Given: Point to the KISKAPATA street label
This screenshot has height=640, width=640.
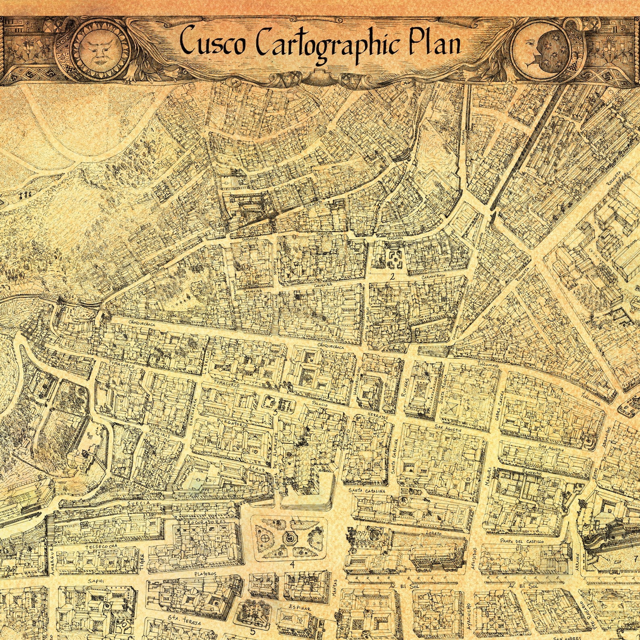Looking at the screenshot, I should pos(311,208).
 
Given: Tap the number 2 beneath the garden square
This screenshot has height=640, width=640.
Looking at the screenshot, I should pos(391,276).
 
